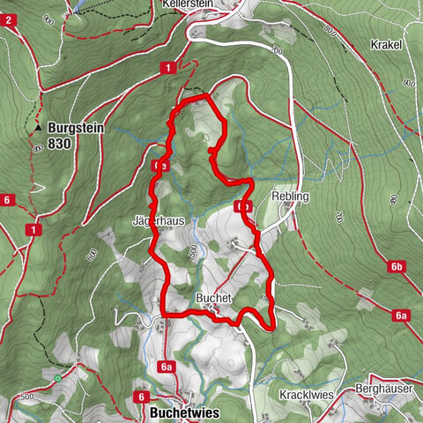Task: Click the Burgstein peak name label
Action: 77,128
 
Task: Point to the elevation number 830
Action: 61,143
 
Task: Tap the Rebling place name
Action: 291,197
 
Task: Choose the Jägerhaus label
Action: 158,221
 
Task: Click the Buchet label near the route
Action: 214,299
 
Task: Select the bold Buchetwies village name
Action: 183,412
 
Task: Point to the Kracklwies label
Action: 308,394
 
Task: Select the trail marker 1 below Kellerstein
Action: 167,68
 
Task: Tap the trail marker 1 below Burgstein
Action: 33,230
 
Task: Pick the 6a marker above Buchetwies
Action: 167,366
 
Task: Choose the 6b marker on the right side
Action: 397,266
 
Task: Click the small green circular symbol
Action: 57,378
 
